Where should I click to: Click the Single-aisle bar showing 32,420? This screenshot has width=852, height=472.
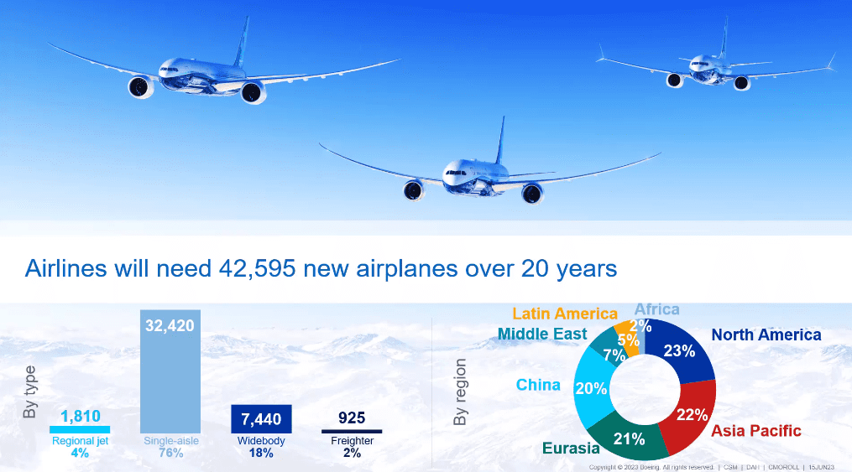point(170,371)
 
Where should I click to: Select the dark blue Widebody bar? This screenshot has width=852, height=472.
point(261,419)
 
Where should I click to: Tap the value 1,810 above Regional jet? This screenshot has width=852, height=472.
point(81,416)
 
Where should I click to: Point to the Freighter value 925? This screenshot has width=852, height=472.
point(352,418)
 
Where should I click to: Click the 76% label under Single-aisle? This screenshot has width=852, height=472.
point(170,453)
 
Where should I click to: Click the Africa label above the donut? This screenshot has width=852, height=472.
point(657,309)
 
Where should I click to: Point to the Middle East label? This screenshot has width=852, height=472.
point(542,334)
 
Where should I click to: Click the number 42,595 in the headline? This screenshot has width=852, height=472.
point(257,268)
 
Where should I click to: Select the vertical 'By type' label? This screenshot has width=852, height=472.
point(29,392)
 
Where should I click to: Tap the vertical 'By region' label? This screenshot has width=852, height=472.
point(460,392)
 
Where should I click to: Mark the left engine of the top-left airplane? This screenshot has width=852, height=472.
point(141,87)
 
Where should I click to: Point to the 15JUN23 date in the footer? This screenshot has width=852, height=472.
point(821,467)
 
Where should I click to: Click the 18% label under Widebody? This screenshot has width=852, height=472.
point(261,453)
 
